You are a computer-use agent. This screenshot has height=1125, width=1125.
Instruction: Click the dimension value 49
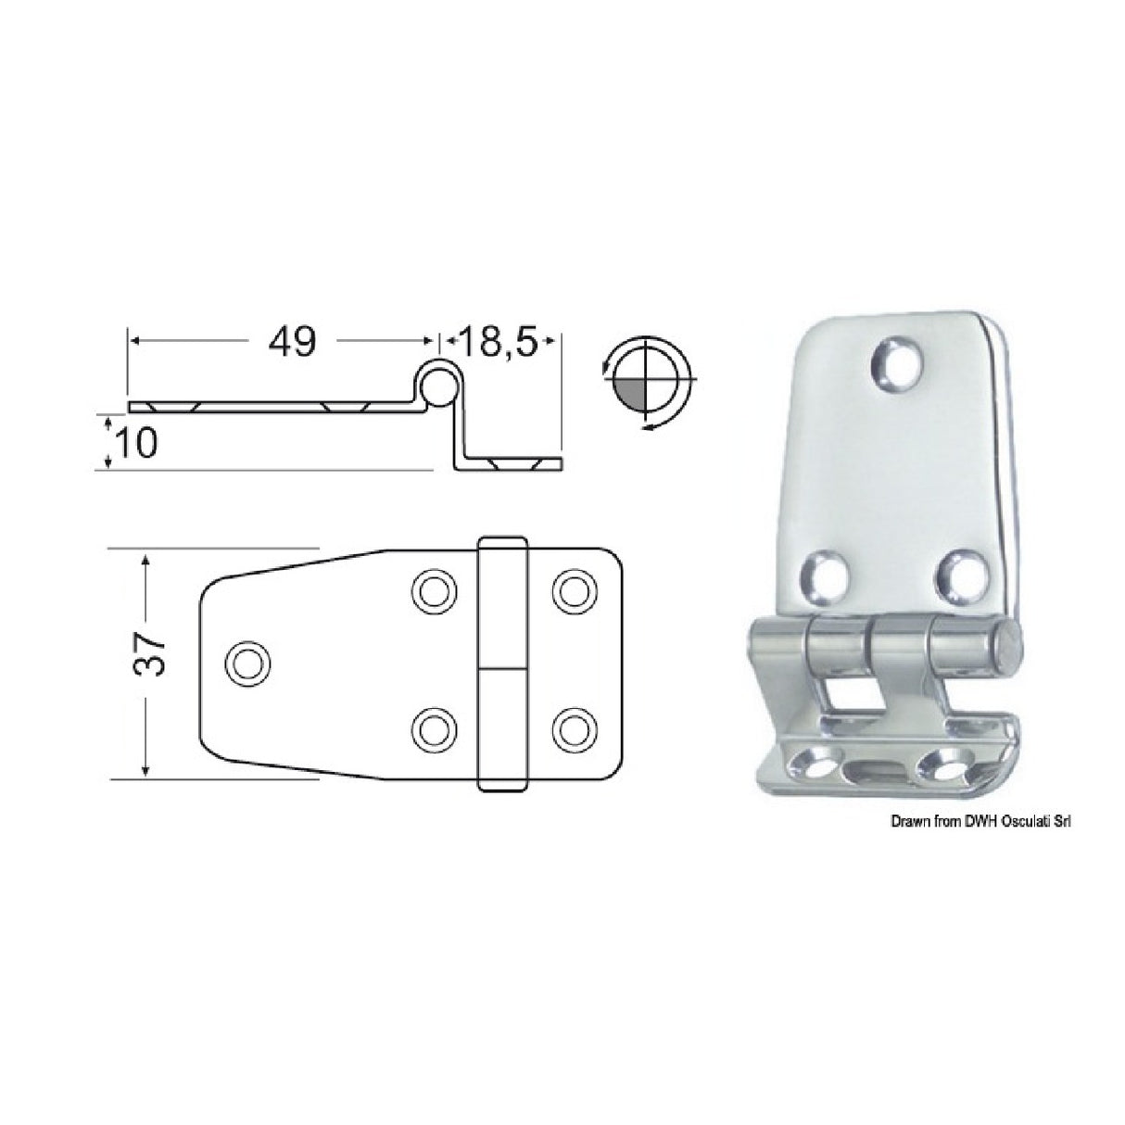[x=292, y=342]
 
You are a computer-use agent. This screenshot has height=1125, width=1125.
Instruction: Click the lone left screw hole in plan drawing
[x=247, y=664]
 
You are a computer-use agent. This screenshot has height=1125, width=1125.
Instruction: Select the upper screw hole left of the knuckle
[x=435, y=589]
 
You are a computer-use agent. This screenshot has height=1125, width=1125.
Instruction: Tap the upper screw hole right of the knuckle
[x=575, y=589]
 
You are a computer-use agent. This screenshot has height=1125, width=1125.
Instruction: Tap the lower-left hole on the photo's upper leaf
[x=828, y=574]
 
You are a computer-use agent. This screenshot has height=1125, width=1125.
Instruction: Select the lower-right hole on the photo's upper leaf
[x=961, y=574]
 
